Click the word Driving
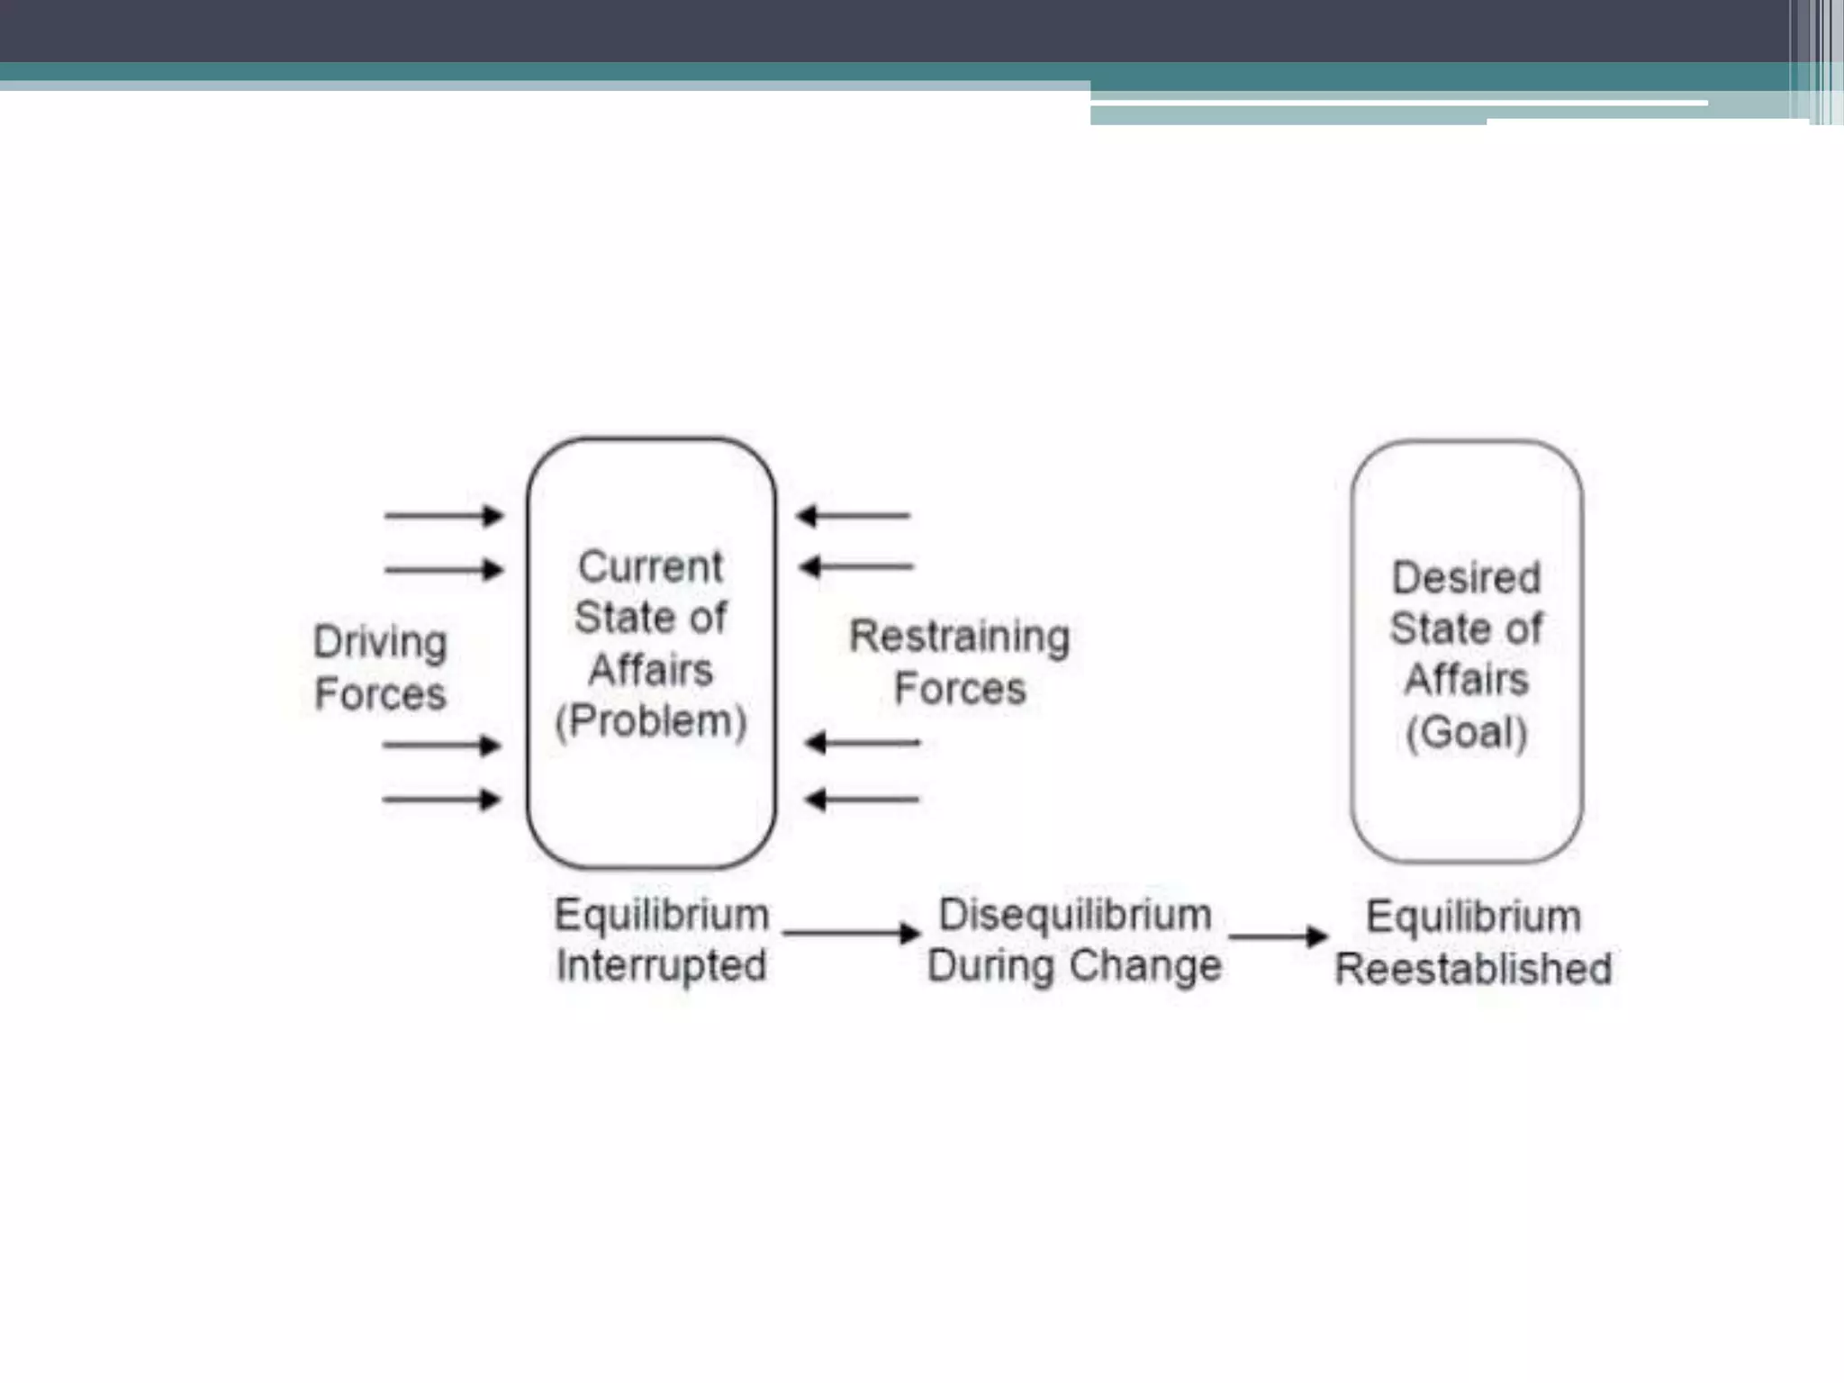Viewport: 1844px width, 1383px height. click(x=380, y=643)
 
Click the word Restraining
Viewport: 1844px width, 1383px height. click(x=960, y=637)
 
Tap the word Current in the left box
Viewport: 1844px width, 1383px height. click(x=650, y=567)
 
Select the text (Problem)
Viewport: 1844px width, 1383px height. click(x=651, y=721)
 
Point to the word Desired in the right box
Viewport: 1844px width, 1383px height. click(x=1466, y=578)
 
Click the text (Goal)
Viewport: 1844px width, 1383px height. click(x=1467, y=732)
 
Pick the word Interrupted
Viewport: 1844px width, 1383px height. click(x=662, y=966)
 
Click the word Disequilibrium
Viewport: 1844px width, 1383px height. click(x=1075, y=915)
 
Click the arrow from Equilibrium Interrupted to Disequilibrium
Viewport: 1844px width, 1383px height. click(x=851, y=933)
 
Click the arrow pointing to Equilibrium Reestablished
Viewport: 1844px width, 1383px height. click(x=1278, y=936)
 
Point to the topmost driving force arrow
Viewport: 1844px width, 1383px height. click(x=444, y=516)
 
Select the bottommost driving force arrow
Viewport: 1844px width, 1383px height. click(x=441, y=800)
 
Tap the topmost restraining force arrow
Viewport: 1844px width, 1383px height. click(x=854, y=516)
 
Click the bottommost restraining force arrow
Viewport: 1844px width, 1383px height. click(x=862, y=800)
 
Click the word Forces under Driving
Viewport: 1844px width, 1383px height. click(x=380, y=694)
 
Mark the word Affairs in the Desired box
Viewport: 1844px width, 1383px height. click(x=1467, y=680)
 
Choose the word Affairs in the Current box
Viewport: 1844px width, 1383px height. click(x=650, y=671)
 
